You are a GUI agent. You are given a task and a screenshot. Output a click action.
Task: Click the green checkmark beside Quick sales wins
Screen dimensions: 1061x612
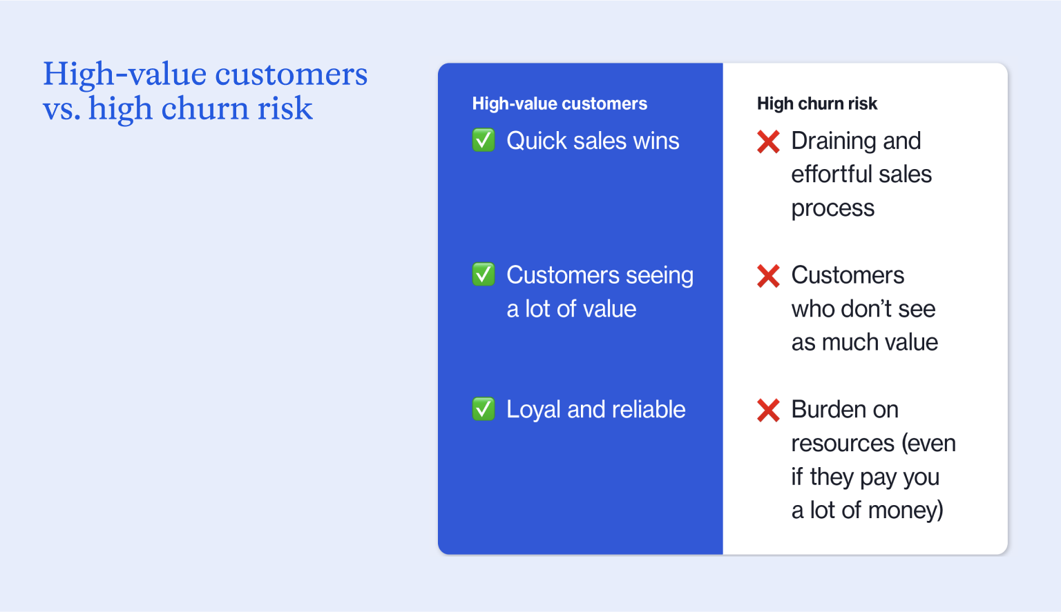tap(484, 140)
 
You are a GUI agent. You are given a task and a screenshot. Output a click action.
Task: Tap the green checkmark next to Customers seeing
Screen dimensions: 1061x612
tap(484, 275)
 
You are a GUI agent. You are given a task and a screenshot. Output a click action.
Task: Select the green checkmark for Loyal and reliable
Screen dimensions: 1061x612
tap(484, 409)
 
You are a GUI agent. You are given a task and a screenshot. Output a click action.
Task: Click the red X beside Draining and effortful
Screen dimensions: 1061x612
tap(768, 141)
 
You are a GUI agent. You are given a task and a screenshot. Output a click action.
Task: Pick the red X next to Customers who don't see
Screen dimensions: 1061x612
tap(768, 276)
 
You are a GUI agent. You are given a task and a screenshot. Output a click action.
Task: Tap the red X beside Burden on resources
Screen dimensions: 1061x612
tap(768, 410)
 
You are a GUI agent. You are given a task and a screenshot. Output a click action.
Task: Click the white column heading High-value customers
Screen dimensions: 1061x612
tap(560, 103)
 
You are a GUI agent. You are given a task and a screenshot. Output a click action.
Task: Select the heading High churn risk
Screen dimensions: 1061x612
tap(816, 103)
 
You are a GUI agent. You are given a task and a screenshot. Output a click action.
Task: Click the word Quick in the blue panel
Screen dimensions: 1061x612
tap(537, 141)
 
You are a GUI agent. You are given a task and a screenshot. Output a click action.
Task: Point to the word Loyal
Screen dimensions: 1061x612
tap(533, 410)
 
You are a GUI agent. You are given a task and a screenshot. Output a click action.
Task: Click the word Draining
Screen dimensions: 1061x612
tap(833, 141)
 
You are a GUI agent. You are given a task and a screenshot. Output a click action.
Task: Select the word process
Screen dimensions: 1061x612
tap(832, 208)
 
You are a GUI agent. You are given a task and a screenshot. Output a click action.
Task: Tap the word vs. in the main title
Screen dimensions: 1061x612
tap(61, 109)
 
